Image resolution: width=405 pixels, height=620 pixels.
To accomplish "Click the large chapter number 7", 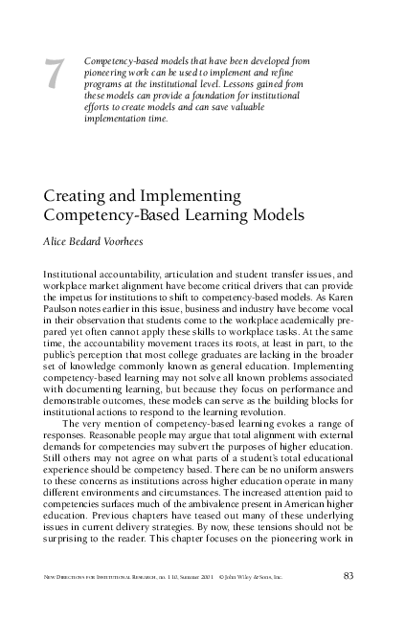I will pyautogui.click(x=55, y=77).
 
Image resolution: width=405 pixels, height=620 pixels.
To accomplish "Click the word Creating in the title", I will pyautogui.click(x=77, y=196).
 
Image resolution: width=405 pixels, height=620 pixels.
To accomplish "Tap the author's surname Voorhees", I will pyautogui.click(x=129, y=241).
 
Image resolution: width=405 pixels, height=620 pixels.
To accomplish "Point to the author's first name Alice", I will pyautogui.click(x=58, y=241).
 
